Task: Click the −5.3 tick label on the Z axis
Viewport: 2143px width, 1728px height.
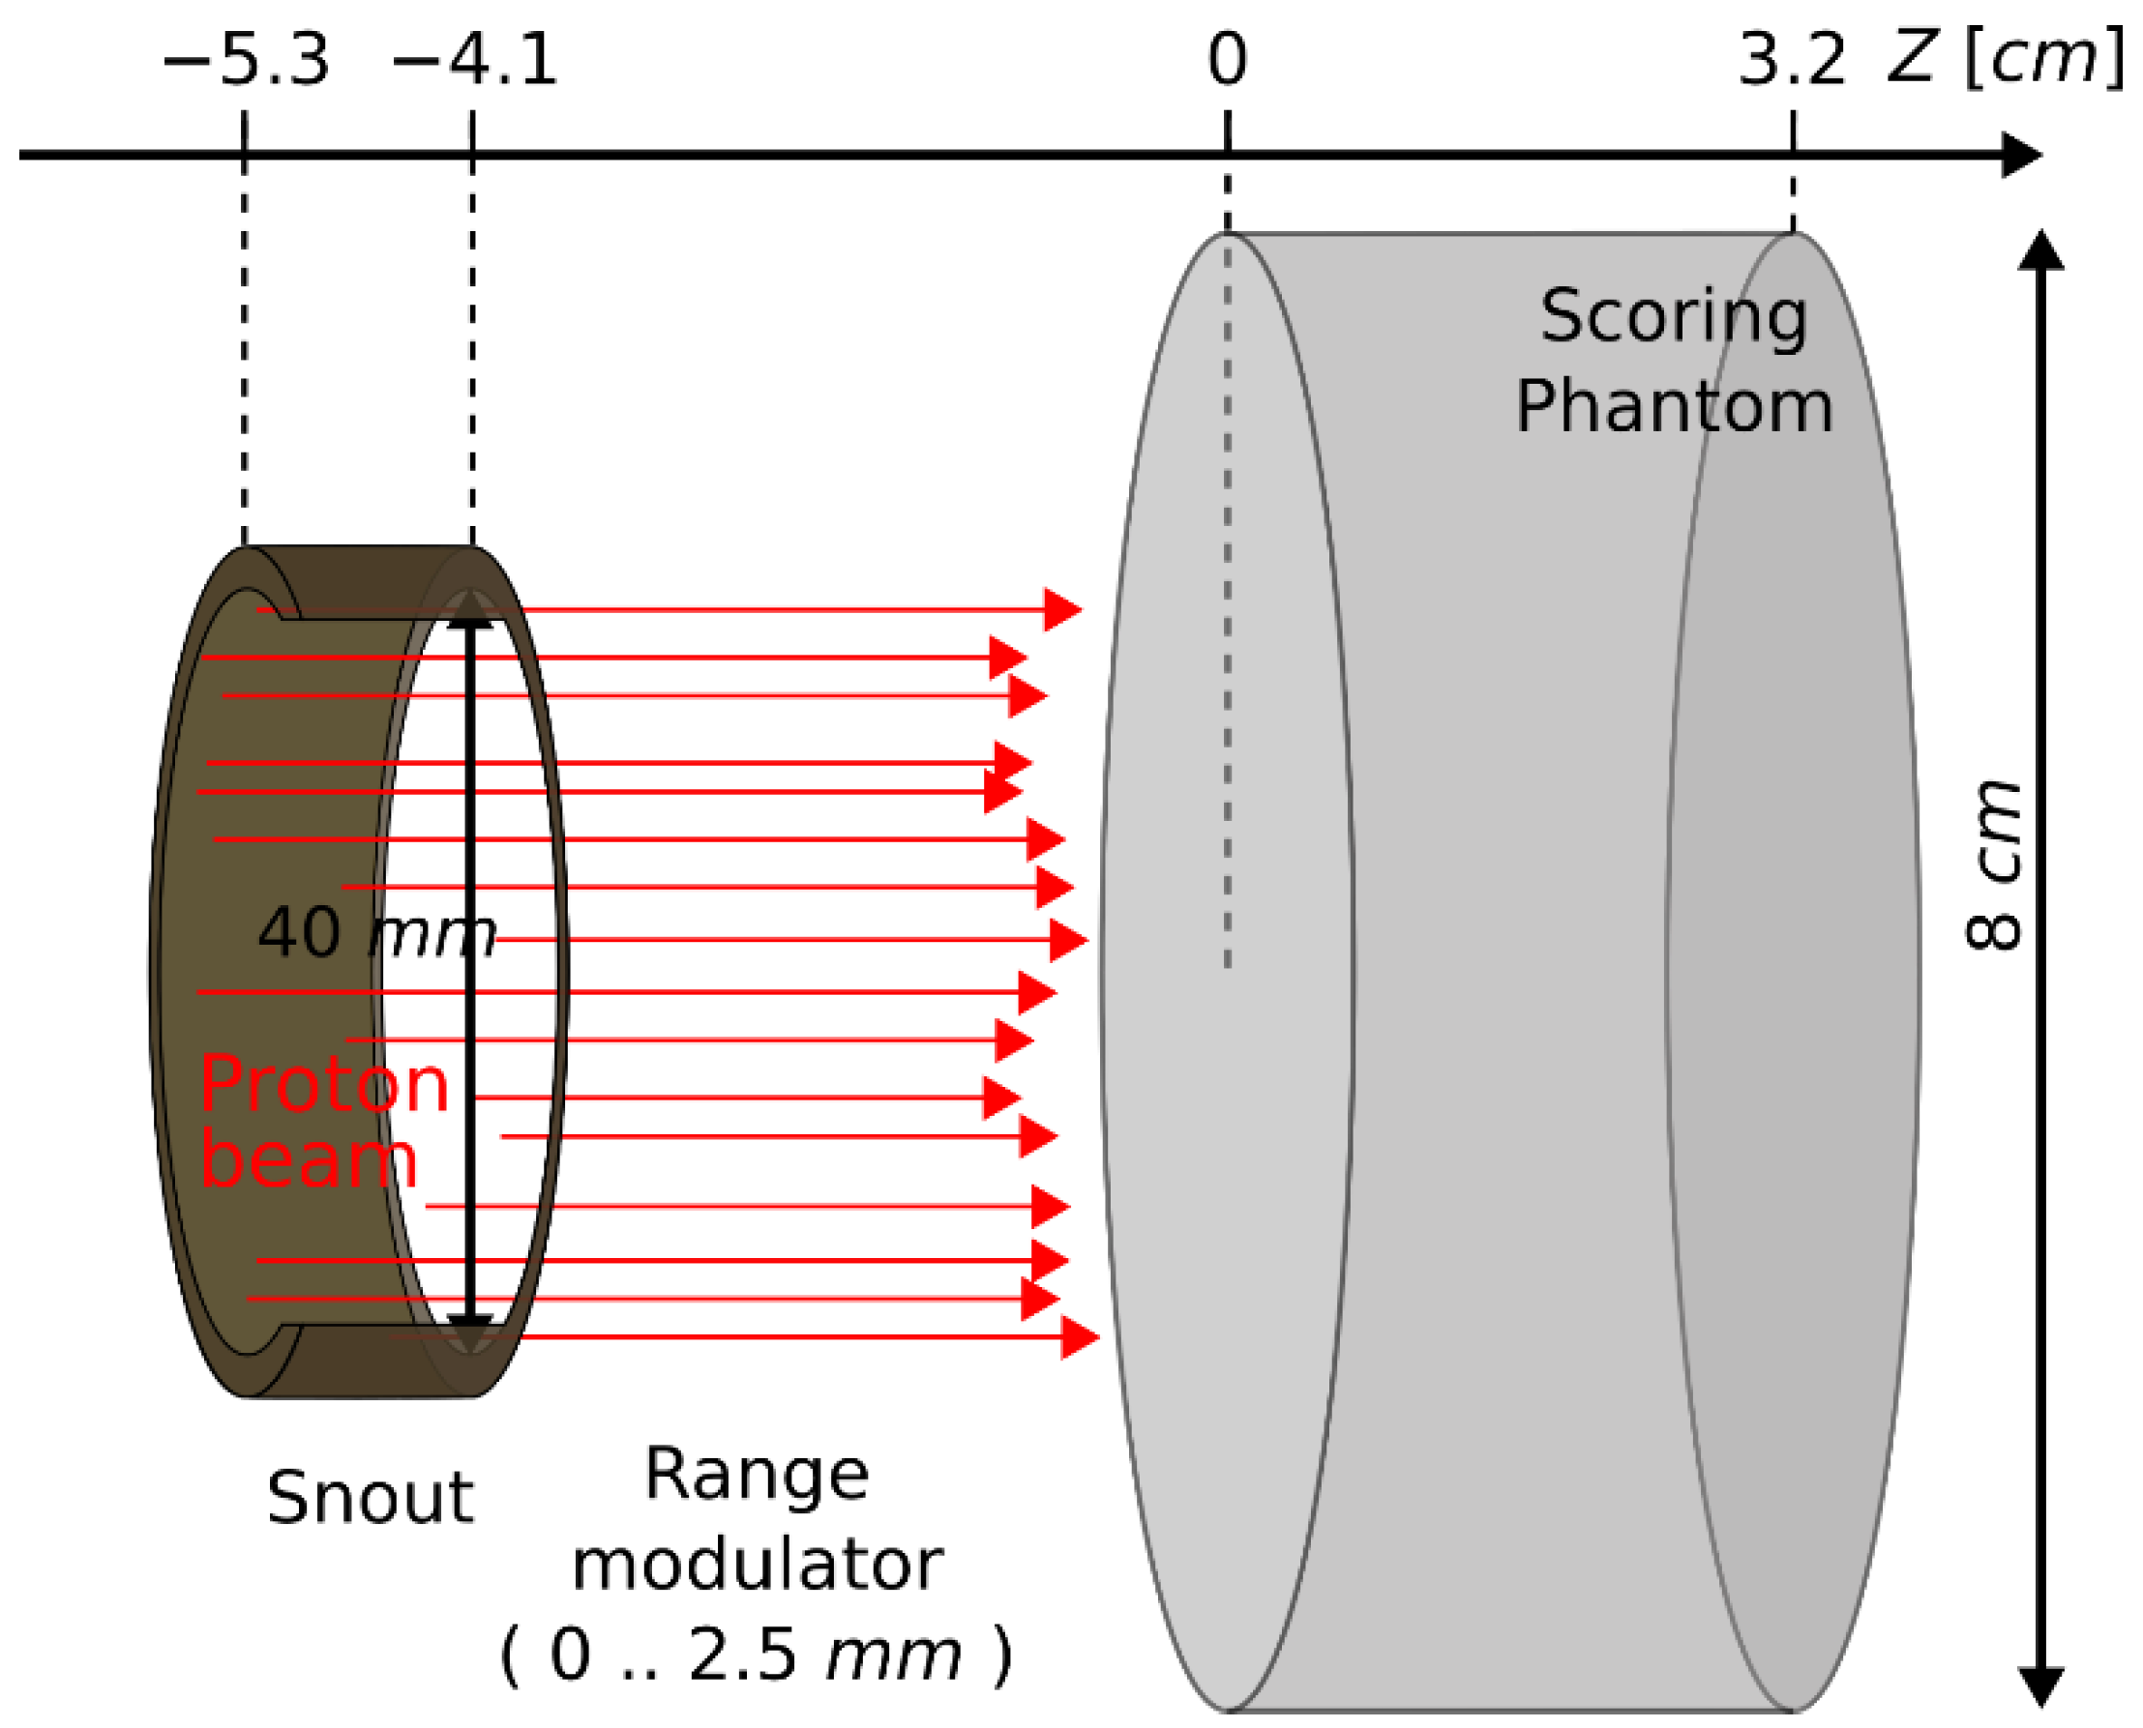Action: (245, 60)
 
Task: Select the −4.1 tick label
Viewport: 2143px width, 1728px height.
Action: (474, 60)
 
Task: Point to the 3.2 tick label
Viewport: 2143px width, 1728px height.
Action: (1792, 60)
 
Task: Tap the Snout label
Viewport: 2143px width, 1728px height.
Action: (370, 1498)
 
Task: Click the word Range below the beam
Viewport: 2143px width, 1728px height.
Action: (757, 1476)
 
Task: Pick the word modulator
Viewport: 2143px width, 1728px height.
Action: (757, 1565)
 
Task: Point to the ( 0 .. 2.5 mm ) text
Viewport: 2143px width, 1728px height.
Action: (757, 1655)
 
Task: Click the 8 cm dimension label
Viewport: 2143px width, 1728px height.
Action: (1995, 866)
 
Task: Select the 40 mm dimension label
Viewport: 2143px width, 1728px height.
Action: (376, 934)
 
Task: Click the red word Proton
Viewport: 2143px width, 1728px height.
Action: (325, 1084)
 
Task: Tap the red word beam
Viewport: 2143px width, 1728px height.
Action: (309, 1160)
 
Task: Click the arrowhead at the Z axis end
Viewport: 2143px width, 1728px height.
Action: (2021, 156)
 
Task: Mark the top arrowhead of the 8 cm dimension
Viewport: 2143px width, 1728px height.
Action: (2040, 250)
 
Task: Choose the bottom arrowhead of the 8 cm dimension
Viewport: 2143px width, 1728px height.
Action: (2040, 1684)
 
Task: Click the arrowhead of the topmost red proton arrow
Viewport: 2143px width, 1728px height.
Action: (1061, 609)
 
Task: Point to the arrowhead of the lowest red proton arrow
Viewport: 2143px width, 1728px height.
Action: (1079, 1336)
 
